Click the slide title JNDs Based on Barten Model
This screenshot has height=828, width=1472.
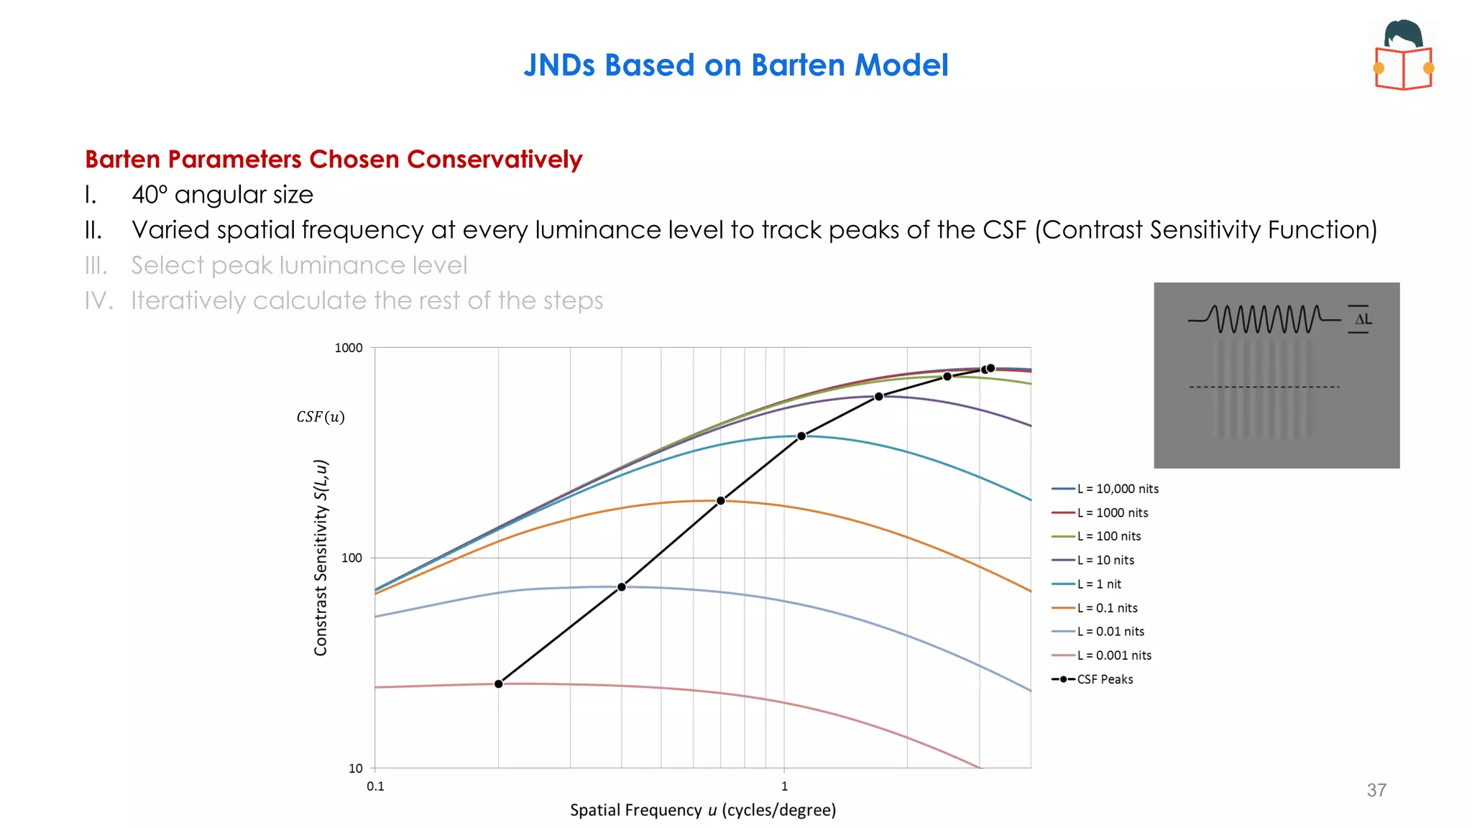[x=736, y=65]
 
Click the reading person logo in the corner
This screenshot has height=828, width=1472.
[x=1404, y=55]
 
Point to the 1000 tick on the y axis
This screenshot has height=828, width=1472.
[x=349, y=348]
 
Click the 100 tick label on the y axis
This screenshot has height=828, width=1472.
[x=351, y=558]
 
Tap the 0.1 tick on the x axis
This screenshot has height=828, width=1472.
[x=375, y=786]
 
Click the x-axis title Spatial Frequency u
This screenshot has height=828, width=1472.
[x=702, y=810]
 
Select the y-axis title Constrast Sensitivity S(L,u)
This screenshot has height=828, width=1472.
[x=321, y=557]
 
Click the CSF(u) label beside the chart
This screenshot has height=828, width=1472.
[x=321, y=417]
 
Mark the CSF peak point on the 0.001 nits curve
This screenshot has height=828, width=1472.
[x=499, y=684]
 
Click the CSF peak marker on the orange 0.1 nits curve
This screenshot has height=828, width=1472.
[x=721, y=501]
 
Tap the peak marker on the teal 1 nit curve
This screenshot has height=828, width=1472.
[x=801, y=436]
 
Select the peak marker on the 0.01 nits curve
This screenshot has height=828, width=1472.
[x=622, y=587]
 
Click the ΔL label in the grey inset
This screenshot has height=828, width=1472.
[x=1363, y=319]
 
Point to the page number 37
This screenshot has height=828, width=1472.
[x=1376, y=791]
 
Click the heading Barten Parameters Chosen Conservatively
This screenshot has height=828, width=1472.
[x=333, y=159]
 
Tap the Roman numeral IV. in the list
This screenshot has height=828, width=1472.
[x=98, y=300]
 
